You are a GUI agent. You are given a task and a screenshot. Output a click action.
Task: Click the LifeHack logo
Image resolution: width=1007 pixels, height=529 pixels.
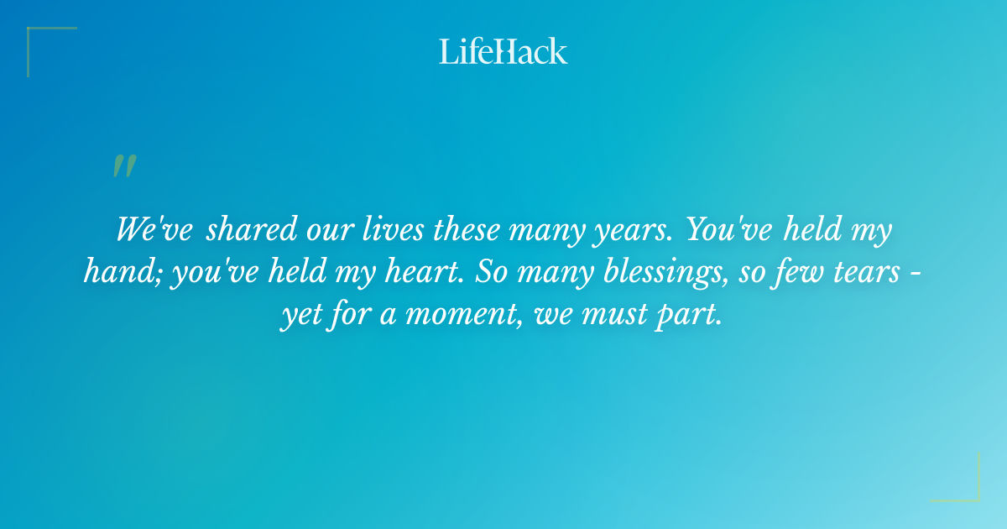coord(503,51)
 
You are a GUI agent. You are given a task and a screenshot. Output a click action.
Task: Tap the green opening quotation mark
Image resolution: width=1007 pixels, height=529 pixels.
coord(124,166)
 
